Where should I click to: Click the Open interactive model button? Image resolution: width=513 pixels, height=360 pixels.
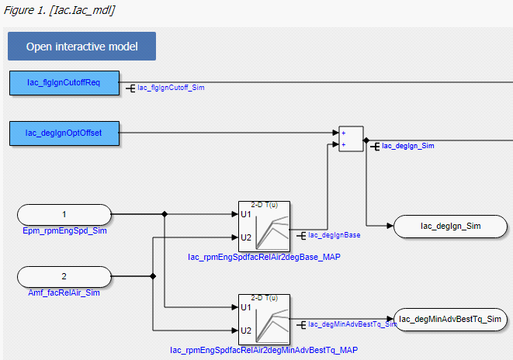(x=81, y=47)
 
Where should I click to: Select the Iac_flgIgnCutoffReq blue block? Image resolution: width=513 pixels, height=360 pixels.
(x=64, y=82)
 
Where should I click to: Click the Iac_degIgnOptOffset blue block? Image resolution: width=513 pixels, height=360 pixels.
(x=64, y=133)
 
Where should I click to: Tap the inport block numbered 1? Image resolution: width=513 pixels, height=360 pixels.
(x=64, y=213)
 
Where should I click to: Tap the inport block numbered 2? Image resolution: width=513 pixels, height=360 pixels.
(x=64, y=275)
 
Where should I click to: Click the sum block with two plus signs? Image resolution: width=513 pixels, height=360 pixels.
(x=351, y=138)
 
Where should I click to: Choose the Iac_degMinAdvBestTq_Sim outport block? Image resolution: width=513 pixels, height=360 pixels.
(x=451, y=319)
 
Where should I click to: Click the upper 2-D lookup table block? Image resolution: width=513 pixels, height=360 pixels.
(x=264, y=225)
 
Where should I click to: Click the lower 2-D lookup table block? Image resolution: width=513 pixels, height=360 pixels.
(x=264, y=318)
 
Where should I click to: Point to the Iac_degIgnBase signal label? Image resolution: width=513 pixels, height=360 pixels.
(x=334, y=234)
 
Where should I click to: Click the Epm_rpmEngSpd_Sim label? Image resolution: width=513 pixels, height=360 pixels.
(x=64, y=231)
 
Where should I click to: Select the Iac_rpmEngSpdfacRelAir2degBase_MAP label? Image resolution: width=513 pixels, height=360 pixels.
(x=264, y=256)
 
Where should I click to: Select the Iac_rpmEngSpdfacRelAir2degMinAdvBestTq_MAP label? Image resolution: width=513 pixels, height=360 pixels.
(x=264, y=350)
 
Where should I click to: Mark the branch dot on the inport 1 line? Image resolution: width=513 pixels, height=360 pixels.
(x=165, y=213)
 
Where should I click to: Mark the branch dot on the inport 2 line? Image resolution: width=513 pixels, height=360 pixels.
(x=153, y=275)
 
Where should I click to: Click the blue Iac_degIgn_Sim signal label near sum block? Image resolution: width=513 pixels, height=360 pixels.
(x=407, y=145)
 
